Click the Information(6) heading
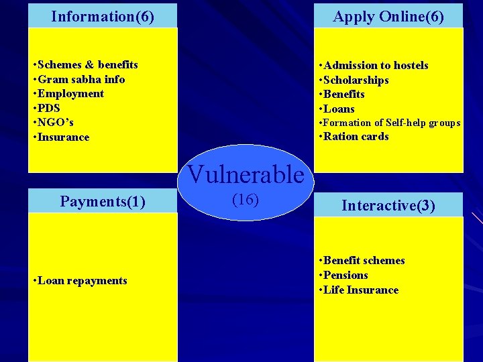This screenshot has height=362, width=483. (103, 16)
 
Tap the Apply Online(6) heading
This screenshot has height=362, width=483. (388, 16)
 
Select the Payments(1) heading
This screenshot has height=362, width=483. (103, 201)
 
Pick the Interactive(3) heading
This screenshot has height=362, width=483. (388, 205)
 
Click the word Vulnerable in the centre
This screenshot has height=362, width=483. (246, 174)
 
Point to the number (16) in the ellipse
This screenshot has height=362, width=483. (245, 199)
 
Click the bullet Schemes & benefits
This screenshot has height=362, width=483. (88, 65)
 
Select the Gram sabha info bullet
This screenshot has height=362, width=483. (81, 79)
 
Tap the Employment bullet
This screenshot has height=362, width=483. (71, 94)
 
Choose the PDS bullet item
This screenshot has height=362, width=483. (50, 108)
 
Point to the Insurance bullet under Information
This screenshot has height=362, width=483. (64, 137)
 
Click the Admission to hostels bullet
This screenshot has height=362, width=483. (376, 65)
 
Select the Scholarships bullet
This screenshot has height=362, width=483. (356, 80)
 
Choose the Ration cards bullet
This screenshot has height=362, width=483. (356, 137)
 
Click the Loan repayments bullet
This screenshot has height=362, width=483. (83, 281)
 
